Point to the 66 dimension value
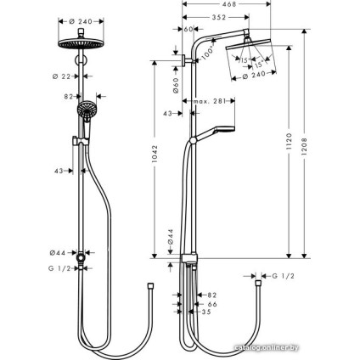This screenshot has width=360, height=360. [212, 303]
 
